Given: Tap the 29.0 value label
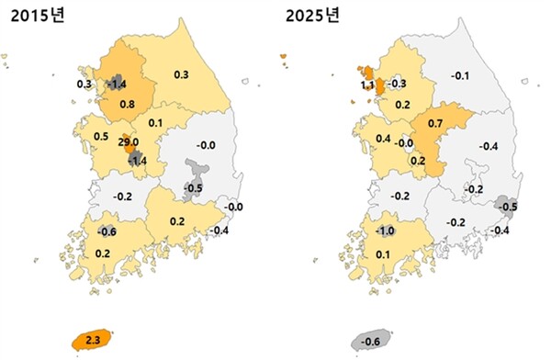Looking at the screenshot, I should (x=129, y=144).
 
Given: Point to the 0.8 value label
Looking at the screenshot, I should (x=128, y=104).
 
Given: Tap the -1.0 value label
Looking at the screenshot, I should (x=387, y=231).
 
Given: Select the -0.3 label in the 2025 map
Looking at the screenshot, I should (x=398, y=84).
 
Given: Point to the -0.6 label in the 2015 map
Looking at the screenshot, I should (x=106, y=231).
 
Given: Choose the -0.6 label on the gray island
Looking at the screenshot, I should (x=372, y=342).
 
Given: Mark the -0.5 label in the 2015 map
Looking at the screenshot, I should (x=193, y=188).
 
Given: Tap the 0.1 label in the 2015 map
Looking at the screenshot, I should (x=154, y=123).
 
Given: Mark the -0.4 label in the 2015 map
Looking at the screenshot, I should (x=219, y=230).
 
